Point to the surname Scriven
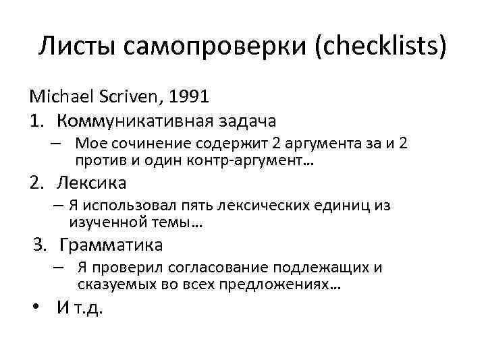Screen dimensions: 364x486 143,96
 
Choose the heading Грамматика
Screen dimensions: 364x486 111,244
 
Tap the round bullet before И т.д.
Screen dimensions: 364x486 40,308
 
